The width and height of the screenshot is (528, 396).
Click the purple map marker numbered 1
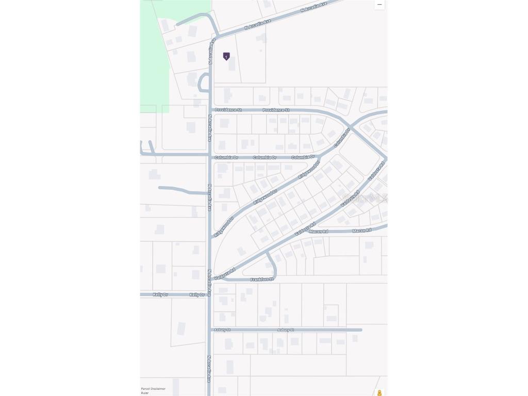(226, 56)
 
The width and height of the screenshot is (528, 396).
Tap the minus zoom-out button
(379, 5)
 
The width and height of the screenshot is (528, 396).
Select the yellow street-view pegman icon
(379, 393)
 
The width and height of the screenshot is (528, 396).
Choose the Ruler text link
(145, 393)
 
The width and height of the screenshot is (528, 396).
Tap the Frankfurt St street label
(262, 279)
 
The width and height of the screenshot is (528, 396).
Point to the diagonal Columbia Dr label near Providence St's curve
(342, 138)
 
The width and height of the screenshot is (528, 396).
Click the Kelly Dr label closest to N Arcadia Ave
(196, 294)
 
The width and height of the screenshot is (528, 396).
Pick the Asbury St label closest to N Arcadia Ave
(222, 329)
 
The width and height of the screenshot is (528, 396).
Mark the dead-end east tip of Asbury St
(360, 329)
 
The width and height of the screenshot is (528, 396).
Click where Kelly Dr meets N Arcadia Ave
(209, 294)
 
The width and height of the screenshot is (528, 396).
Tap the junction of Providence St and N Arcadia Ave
(211, 110)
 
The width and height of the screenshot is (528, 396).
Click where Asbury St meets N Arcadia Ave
(210, 329)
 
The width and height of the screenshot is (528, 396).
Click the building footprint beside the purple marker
(232, 64)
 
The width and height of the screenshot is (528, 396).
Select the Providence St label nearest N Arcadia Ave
(228, 110)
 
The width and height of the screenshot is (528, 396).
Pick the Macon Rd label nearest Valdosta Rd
(318, 231)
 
